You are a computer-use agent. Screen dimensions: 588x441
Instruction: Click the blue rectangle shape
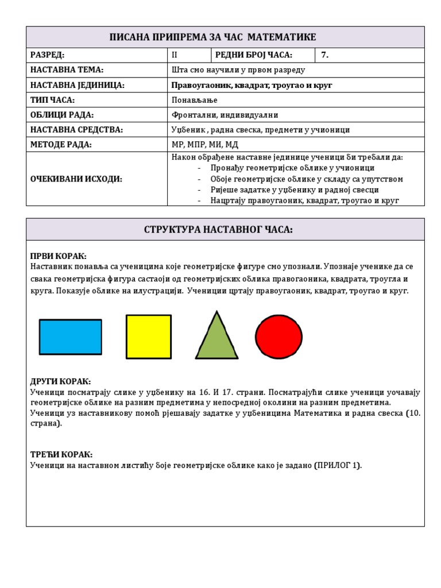click(x=70, y=336)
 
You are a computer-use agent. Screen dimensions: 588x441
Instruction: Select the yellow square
click(x=148, y=336)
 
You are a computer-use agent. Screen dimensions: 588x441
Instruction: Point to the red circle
click(x=278, y=337)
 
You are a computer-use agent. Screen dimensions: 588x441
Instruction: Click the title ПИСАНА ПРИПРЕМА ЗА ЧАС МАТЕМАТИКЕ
click(x=213, y=37)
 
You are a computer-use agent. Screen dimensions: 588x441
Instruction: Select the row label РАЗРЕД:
click(x=48, y=55)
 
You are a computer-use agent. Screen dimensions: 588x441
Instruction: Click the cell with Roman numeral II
click(x=175, y=55)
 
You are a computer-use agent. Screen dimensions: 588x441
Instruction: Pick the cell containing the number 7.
click(x=324, y=55)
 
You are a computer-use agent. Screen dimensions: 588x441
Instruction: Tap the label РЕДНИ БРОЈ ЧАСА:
click(x=254, y=55)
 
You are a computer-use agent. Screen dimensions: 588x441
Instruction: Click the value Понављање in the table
click(x=195, y=100)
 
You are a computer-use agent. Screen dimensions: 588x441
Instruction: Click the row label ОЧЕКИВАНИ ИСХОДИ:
click(x=76, y=179)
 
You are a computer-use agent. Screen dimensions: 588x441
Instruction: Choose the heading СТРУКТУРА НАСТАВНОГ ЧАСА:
click(x=218, y=230)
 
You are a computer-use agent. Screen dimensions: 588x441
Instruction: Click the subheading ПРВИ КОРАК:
click(x=58, y=256)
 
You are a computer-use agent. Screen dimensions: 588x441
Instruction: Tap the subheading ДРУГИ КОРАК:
click(x=60, y=382)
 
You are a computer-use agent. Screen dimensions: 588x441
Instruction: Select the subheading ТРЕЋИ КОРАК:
click(x=61, y=455)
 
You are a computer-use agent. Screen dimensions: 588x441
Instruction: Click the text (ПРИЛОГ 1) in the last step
click(x=338, y=465)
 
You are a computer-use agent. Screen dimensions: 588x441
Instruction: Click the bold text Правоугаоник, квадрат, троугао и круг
click(x=252, y=85)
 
